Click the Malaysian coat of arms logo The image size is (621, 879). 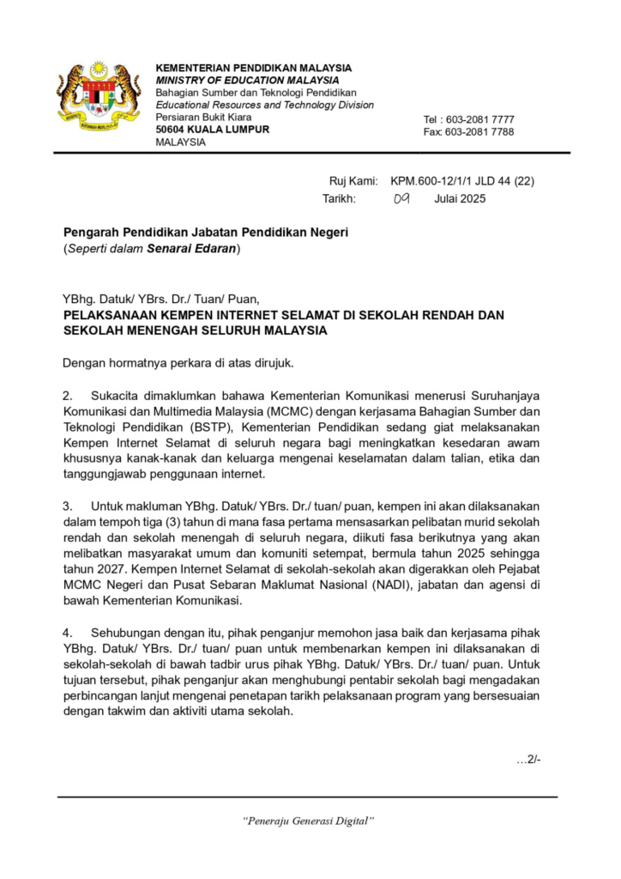[98, 93]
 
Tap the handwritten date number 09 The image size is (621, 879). [401, 198]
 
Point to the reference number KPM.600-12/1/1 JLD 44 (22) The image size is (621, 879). [462, 181]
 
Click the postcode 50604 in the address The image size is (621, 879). [170, 130]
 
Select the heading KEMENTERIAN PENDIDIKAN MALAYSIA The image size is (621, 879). [253, 68]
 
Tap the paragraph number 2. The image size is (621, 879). [68, 395]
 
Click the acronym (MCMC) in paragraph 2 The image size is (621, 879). [292, 410]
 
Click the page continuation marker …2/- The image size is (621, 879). [528, 760]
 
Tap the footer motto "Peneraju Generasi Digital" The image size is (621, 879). [310, 821]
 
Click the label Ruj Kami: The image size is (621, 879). [353, 181]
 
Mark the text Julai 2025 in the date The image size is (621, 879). [460, 198]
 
